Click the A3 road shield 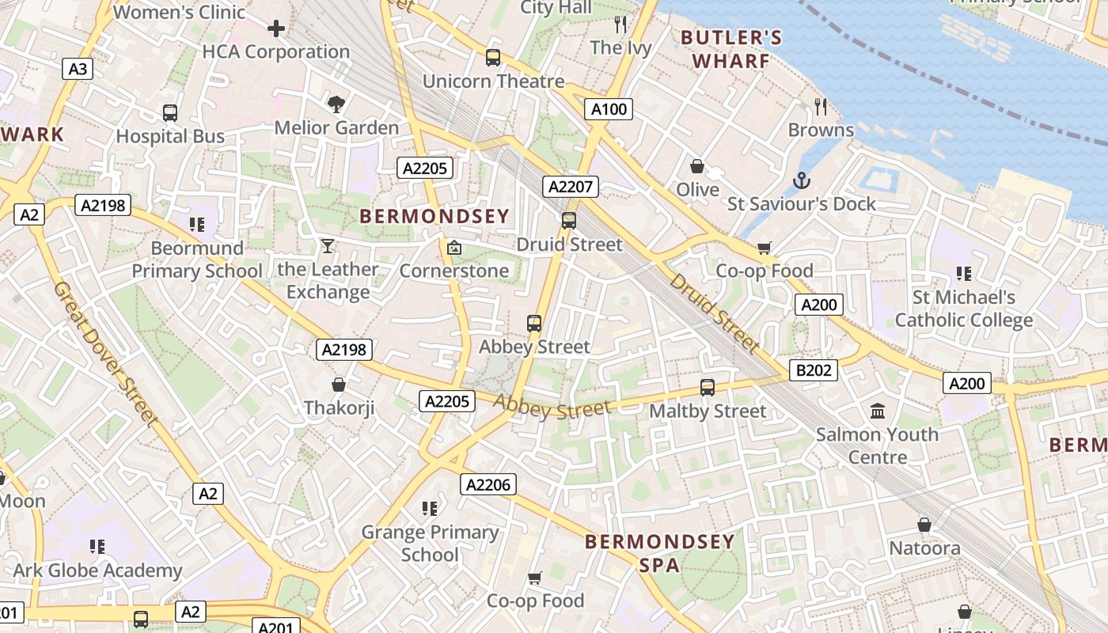coord(78,69)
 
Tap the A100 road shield coord(609,109)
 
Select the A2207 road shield coord(571,187)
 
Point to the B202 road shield coord(813,370)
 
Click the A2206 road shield coord(488,484)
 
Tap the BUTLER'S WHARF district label coord(731,49)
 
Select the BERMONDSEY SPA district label coord(660,553)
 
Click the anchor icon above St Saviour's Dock coord(802,180)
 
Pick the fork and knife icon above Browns coord(821,106)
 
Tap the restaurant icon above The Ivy coord(620,25)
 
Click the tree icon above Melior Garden coord(336,104)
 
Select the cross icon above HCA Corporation coord(275,29)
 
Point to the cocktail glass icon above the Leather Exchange coord(328,246)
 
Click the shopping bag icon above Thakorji coord(339,385)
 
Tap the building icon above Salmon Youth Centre coord(877,411)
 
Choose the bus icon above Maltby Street coord(708,388)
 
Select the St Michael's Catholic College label coord(963,309)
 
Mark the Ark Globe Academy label coord(98,570)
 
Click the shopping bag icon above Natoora coord(924,525)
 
